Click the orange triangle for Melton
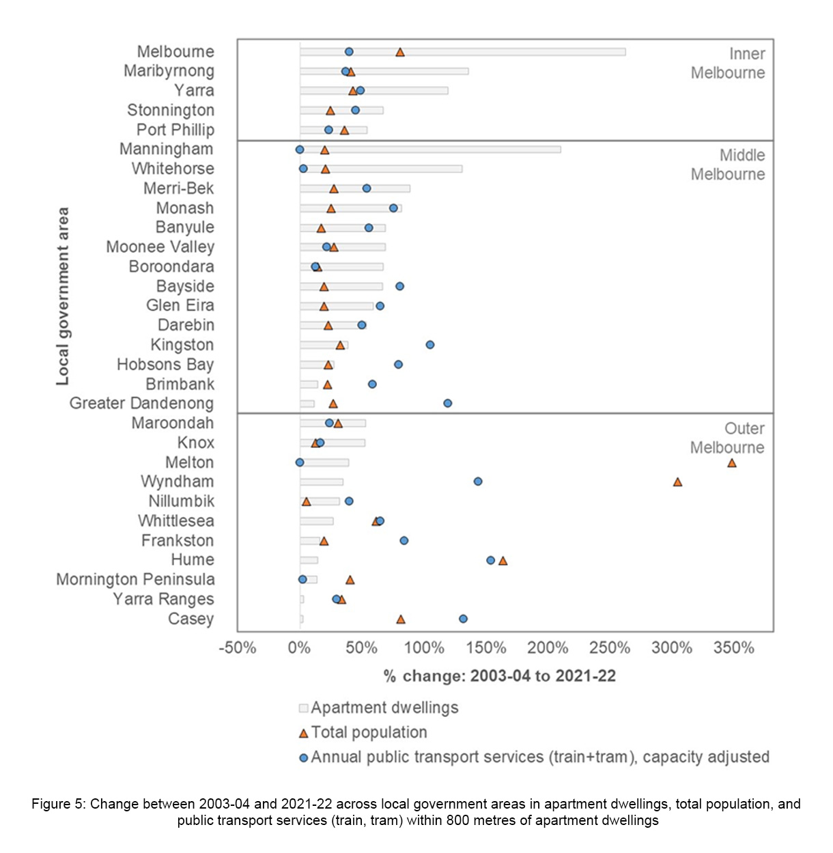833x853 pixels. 732,463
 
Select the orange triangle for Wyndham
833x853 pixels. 677,482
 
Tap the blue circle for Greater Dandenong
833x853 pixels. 447,403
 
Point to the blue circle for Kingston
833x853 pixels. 430,345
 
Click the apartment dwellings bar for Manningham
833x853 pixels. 430,149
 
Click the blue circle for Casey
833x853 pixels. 463,619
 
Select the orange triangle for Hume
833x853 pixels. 503,561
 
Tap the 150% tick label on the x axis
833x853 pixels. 486,648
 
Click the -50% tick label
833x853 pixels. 238,648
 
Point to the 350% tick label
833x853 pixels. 734,648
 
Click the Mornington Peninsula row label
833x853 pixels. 135,580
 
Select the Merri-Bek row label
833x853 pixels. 179,188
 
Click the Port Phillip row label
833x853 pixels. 175,130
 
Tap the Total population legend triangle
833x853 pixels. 304,733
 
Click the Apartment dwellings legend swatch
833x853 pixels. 304,708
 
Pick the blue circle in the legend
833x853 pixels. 304,757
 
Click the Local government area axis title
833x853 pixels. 63,296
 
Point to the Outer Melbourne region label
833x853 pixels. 727,438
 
